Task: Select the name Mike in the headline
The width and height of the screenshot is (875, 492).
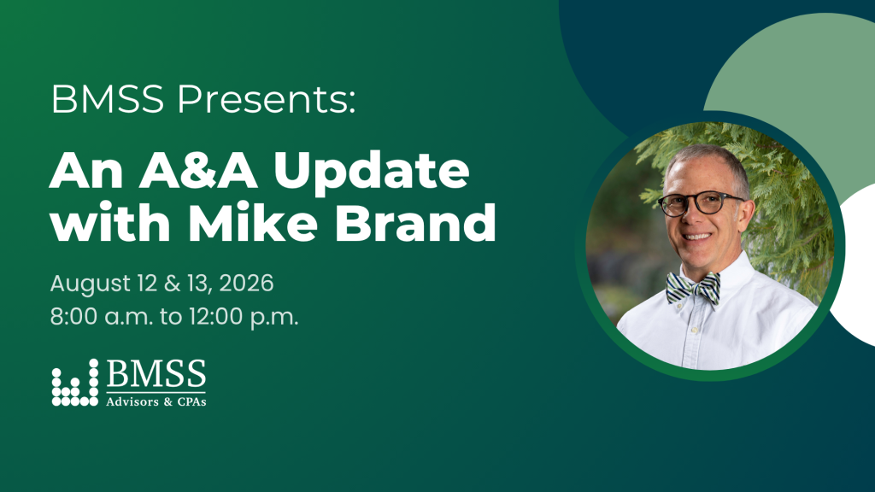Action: [x=253, y=221]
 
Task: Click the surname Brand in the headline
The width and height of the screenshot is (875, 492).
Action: [x=415, y=221]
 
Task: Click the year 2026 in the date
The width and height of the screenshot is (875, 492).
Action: [x=246, y=283]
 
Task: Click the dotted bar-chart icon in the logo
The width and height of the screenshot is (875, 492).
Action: [x=75, y=383]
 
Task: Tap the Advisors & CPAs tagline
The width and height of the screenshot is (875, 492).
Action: [x=156, y=401]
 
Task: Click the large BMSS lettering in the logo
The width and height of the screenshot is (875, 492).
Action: [x=156, y=374]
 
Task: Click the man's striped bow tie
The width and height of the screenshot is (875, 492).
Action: [x=693, y=288]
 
